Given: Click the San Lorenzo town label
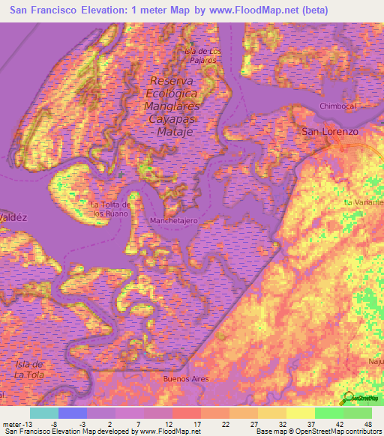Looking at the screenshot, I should (x=330, y=130).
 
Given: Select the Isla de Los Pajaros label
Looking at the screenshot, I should (x=203, y=55).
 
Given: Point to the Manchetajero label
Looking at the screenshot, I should (x=173, y=222).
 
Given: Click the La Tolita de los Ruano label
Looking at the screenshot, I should (x=111, y=209).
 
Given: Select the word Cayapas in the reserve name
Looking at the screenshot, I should (x=172, y=118).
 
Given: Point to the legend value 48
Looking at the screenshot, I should (x=368, y=423).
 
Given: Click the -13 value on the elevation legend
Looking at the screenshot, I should (x=20, y=423).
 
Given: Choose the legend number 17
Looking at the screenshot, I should (x=197, y=423).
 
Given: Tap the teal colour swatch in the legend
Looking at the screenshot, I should (x=43, y=413).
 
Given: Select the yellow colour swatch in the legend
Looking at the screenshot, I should (x=300, y=413).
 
